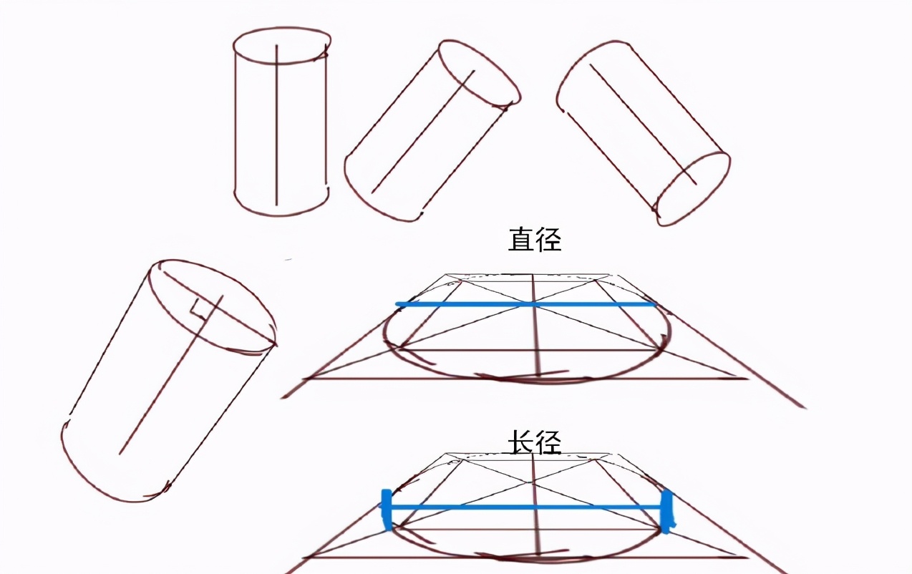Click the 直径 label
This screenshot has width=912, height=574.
pyautogui.click(x=535, y=240)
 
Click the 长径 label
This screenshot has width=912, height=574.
pyautogui.click(x=535, y=442)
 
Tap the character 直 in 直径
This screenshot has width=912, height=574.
pyautogui.click(x=520, y=240)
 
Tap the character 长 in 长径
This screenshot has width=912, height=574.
pyautogui.click(x=520, y=442)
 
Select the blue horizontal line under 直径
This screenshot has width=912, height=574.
pyautogui.click(x=526, y=304)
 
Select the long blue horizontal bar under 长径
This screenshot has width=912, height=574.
pyautogui.click(x=525, y=507)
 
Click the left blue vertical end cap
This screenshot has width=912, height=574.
pyautogui.click(x=386, y=510)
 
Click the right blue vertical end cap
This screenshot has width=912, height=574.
pyautogui.click(x=666, y=511)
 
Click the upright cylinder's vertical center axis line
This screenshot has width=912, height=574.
pyautogui.click(x=276, y=125)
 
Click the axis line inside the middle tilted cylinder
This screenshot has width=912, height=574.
pyautogui.click(x=423, y=132)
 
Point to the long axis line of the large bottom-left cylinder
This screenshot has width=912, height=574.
pyautogui.click(x=171, y=375)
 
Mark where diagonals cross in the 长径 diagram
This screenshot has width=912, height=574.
pyautogui.click(x=531, y=482)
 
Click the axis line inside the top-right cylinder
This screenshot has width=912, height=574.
pyautogui.click(x=643, y=124)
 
